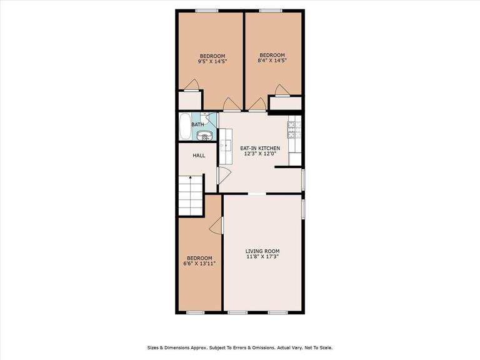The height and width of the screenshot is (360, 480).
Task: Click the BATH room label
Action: coord(197,124)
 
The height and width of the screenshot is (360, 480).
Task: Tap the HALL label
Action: coord(199,156)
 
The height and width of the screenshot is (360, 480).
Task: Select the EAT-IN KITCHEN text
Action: coord(260,148)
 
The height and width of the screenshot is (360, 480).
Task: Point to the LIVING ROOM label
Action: coord(262,251)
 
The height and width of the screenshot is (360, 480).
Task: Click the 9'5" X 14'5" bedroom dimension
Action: coord(212,61)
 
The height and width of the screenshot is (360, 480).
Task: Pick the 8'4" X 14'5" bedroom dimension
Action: coord(272,61)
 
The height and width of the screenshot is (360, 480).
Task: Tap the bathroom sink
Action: coord(209,134)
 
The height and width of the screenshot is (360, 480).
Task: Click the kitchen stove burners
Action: coord(294,129)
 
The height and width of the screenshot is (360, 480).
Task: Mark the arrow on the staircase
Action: coord(190,179)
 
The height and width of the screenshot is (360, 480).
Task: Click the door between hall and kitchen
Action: coord(219,175)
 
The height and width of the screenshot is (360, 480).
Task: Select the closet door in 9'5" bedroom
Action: coord(194,85)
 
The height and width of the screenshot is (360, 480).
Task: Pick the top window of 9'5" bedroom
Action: coord(206,11)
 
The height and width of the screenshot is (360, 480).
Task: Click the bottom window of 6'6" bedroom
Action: coord(196,312)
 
